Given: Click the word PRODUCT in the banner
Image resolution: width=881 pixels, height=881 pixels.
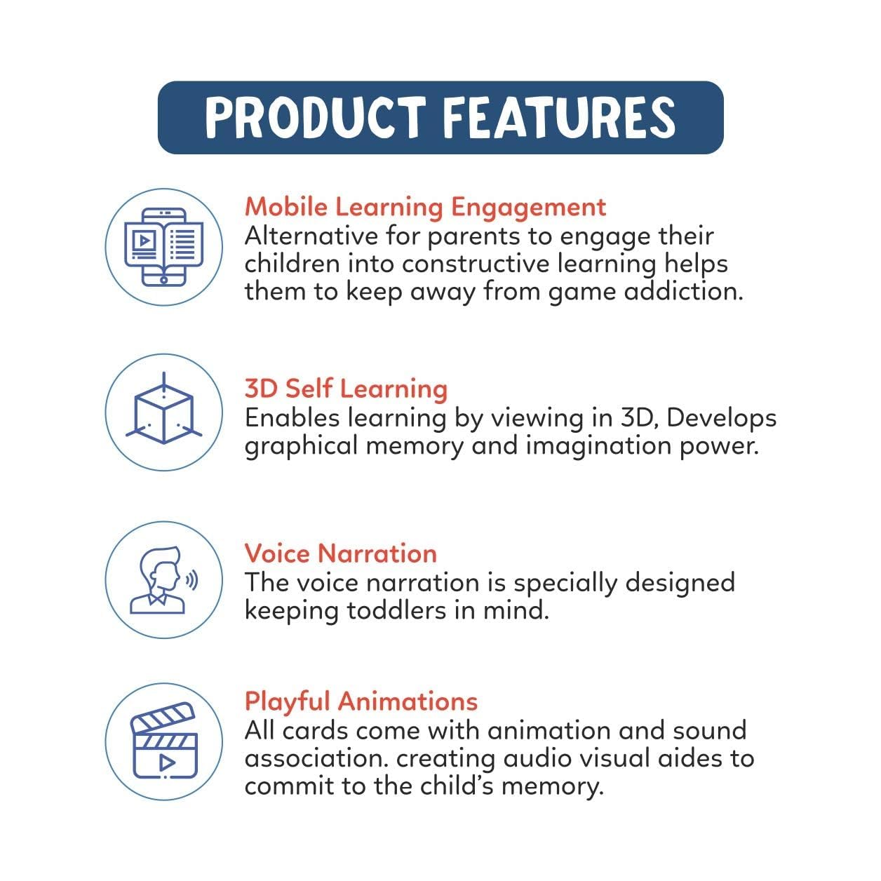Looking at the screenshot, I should [315, 117].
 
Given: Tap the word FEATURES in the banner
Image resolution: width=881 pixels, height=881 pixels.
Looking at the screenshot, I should [559, 117].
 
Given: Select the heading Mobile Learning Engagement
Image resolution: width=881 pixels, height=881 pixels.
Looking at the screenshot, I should [425, 207].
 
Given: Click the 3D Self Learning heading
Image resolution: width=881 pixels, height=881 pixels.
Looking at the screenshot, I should [346, 389].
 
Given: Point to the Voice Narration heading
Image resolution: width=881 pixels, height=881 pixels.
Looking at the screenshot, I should [340, 553].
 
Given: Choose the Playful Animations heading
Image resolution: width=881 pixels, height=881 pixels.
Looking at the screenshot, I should [361, 701].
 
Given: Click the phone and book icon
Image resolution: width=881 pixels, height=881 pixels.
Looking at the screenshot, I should [164, 246].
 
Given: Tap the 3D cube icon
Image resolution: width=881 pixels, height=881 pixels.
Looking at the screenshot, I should [164, 412].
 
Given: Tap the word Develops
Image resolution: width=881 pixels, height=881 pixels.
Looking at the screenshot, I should [721, 418].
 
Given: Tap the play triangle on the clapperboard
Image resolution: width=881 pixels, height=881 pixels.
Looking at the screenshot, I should [166, 762].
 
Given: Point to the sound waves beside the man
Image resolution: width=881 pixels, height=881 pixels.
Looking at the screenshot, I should [191, 579].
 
